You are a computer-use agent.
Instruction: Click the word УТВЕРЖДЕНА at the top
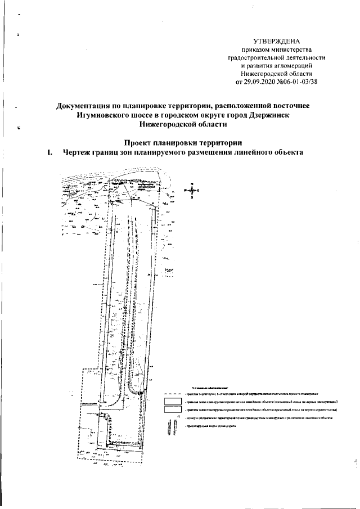[x=276, y=42]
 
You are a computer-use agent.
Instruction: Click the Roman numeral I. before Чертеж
[x=50, y=152]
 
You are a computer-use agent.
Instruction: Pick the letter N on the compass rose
[x=192, y=184]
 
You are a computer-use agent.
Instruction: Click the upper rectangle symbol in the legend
[x=171, y=402]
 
